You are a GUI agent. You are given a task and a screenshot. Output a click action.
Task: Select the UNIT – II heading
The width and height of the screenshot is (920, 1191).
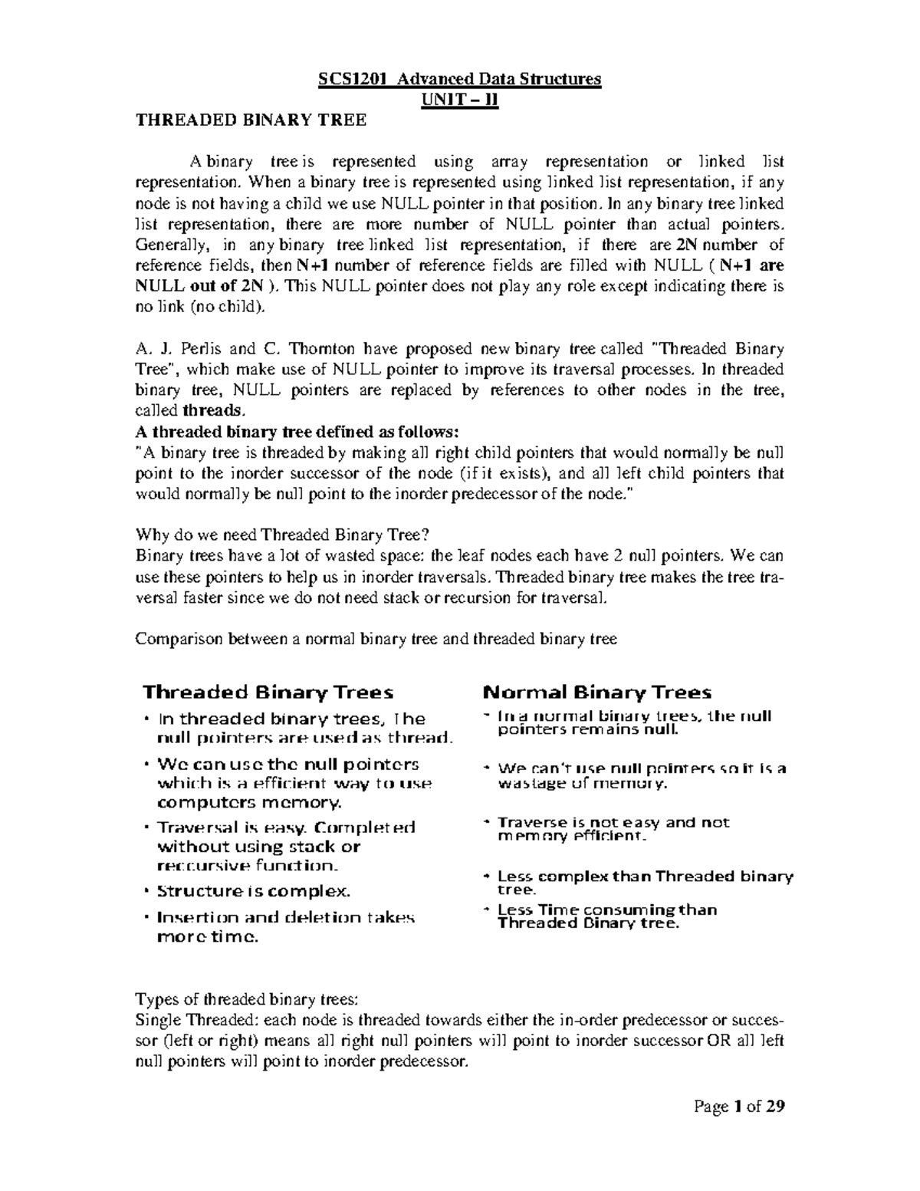[x=460, y=100]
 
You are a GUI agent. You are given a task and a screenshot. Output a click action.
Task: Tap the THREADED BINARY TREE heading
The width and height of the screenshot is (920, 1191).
[x=251, y=120]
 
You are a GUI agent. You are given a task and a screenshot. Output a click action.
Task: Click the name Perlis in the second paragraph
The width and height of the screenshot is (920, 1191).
[x=189, y=349]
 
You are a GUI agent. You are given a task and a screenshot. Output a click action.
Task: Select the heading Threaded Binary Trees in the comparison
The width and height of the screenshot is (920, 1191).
[x=268, y=693]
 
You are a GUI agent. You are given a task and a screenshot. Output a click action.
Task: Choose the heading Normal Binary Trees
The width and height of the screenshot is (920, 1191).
[x=597, y=693]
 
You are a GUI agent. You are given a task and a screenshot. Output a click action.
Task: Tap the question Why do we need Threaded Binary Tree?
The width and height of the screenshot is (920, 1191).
[x=284, y=535]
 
